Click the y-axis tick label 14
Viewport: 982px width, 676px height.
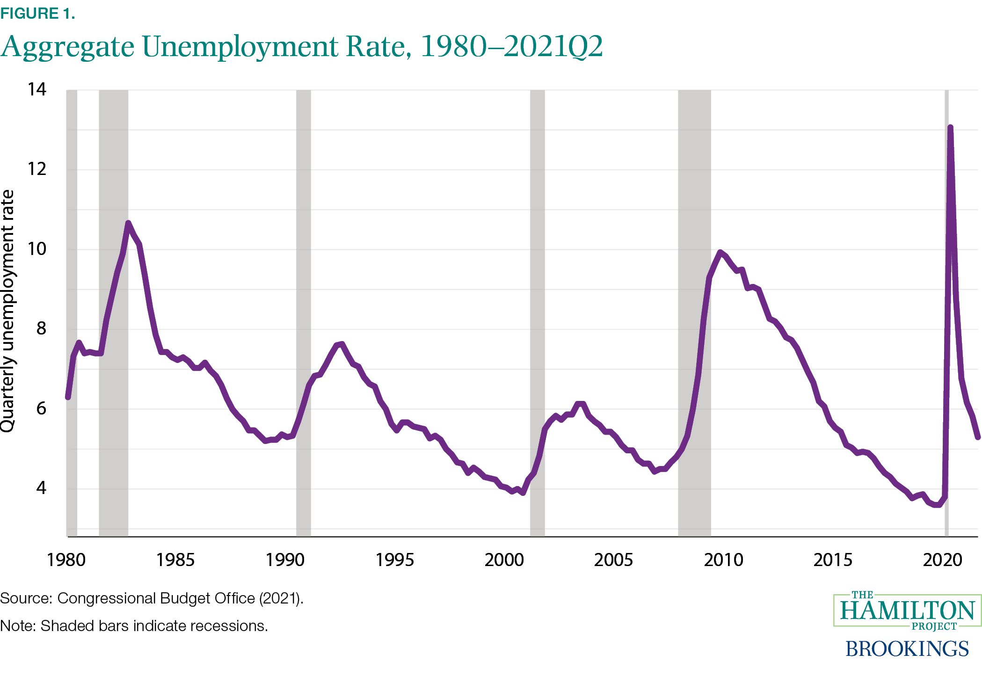(x=37, y=89)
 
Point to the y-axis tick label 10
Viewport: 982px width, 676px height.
(x=37, y=249)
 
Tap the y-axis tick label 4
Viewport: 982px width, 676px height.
(x=41, y=488)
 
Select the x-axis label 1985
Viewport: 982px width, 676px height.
(x=175, y=560)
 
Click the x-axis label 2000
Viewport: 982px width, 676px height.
(x=504, y=560)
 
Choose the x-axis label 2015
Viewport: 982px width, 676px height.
(x=833, y=560)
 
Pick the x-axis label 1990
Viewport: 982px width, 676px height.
(x=285, y=560)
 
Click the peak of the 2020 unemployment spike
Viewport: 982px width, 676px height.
(x=950, y=127)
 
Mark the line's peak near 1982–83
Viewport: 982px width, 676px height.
(x=128, y=223)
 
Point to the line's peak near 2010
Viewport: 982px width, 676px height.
(x=720, y=253)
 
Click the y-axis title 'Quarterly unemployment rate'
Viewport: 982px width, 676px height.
(x=8, y=311)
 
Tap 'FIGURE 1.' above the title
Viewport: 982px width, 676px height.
(x=37, y=14)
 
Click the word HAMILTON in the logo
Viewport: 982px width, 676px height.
(x=907, y=611)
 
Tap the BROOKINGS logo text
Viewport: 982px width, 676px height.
(x=907, y=648)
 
